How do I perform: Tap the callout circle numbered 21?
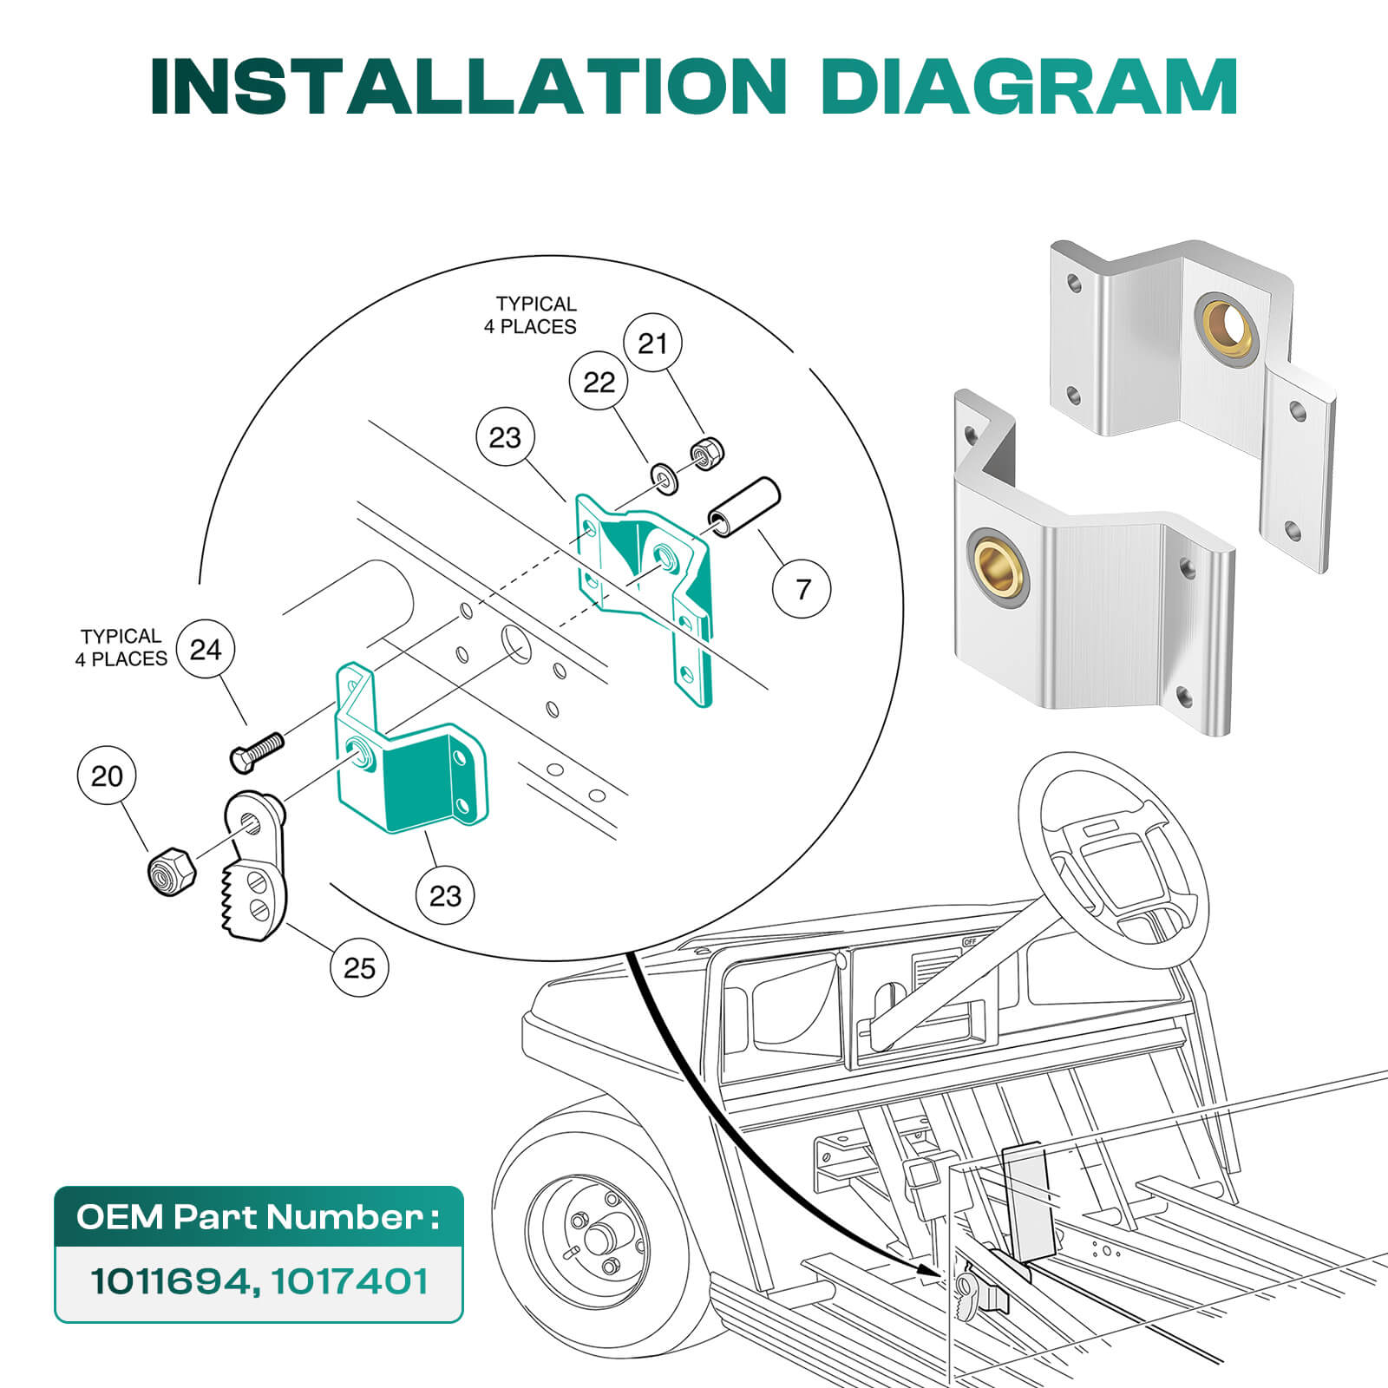click(652, 344)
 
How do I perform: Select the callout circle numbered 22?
click(599, 383)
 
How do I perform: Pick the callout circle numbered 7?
click(802, 589)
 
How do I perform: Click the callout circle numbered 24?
click(206, 649)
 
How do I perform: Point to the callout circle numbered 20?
click(107, 776)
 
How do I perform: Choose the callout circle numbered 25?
click(359, 967)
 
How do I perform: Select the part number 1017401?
click(350, 1280)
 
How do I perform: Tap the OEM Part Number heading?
click(258, 1217)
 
